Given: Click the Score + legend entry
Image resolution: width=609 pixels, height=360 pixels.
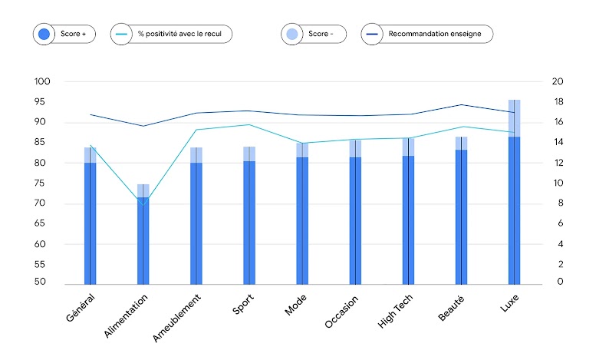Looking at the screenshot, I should pos(64,34).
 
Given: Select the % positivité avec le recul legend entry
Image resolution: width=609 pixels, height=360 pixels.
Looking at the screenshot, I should pos(171,34).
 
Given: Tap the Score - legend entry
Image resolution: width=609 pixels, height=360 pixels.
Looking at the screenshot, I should pos(314,34).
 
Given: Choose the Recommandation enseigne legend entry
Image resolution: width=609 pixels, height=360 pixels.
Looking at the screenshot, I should pos(426,34).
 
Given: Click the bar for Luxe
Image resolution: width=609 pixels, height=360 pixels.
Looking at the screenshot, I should pos(514,207).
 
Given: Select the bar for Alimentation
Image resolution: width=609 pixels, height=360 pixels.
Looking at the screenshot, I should pos(143,238).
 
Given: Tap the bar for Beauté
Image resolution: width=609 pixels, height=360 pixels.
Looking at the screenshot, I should pos(461,215).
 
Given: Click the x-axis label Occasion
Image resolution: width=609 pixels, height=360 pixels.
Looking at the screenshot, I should pos(342,309).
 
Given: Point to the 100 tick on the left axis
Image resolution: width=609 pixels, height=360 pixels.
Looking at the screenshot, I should pos(41,82).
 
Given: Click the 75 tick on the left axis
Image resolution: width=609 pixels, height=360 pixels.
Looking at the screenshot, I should pos(44,183).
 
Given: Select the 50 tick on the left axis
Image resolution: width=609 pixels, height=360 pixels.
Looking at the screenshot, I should pos(44,283).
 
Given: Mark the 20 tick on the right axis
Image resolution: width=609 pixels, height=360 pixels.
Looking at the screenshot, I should pos(558,82).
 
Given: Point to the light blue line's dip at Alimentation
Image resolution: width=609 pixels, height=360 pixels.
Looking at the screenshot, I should pos(143,203).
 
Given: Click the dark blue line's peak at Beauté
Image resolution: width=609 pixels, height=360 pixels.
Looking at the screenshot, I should pos(461,104).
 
